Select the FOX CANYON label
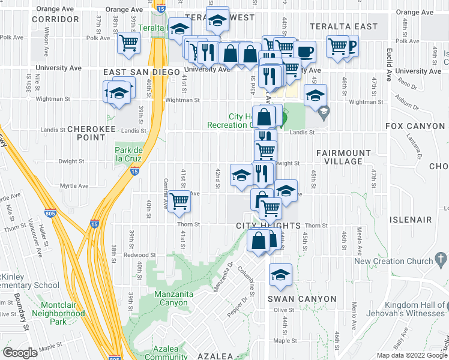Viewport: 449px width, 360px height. (x=415, y=126)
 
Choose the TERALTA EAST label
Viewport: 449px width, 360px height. (x=344, y=26)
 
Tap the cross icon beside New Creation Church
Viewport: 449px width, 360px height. (x=441, y=260)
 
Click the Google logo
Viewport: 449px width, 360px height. (x=20, y=352)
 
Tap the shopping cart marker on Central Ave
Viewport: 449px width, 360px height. (x=179, y=202)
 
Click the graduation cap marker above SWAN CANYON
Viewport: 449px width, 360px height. (x=280, y=275)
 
